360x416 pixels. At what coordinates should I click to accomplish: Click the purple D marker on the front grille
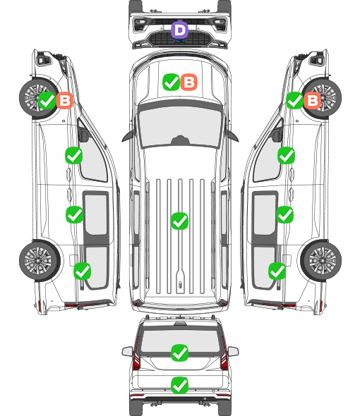179,30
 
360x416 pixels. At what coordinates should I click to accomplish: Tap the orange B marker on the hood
189,82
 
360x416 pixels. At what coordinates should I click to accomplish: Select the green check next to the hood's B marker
171,82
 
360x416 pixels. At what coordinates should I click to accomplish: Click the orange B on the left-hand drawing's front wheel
64,100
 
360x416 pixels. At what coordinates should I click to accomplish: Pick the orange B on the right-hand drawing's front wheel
313,100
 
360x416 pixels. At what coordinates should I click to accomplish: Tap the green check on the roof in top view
179,221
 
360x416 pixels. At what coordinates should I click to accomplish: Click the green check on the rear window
179,353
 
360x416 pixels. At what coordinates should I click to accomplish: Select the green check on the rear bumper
179,385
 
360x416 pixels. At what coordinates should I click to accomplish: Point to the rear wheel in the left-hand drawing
40,261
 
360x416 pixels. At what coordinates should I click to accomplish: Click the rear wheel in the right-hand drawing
321,261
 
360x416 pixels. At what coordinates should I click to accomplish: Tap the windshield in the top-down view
180,127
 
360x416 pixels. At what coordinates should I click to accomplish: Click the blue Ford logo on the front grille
180,41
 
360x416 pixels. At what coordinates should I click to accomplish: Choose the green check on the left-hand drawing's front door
73,155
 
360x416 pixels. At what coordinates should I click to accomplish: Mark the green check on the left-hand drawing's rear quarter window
82,271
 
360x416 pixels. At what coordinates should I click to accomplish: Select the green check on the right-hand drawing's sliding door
284,214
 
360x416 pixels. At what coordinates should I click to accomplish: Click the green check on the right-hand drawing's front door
286,155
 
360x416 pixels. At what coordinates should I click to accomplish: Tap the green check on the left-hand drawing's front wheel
47,100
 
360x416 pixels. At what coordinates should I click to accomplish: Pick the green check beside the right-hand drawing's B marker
294,100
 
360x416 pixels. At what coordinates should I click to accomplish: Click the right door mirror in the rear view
234,352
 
